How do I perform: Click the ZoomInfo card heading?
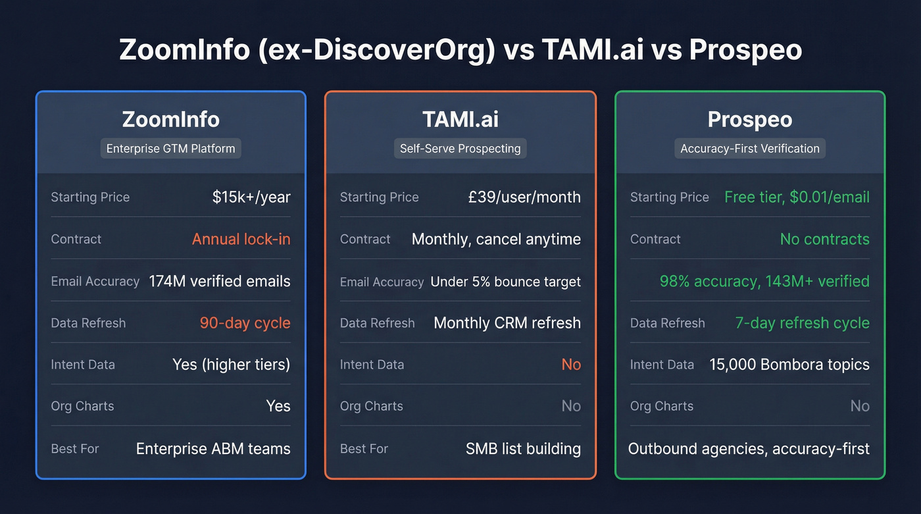point(170,119)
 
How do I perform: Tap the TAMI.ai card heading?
point(460,119)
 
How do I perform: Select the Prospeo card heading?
point(749,119)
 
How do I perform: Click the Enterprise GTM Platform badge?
point(170,149)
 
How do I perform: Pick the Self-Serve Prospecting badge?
point(460,149)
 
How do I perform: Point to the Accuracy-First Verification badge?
point(749,149)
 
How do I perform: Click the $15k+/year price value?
point(251,197)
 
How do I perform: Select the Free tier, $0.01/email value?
point(797,197)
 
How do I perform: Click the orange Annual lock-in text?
point(241,239)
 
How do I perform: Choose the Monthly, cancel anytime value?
point(496,239)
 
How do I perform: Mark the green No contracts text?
point(824,239)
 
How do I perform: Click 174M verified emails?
point(219,281)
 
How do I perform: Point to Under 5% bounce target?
point(505,282)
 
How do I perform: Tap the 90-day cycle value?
point(245,323)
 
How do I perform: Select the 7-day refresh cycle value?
point(802,323)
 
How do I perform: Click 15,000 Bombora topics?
point(789,365)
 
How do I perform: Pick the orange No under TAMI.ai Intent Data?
point(571,365)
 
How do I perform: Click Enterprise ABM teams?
point(213,449)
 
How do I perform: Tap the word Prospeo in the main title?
point(745,51)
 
